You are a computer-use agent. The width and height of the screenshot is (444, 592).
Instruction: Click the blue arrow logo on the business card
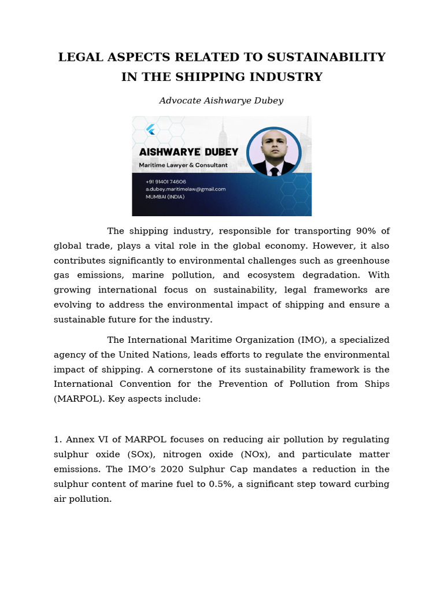point(150,129)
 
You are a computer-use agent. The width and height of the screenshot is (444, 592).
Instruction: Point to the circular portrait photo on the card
point(273,151)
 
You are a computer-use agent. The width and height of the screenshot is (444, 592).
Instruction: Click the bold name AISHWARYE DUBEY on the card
point(188,152)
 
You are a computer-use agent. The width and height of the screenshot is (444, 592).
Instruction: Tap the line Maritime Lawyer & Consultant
point(183,165)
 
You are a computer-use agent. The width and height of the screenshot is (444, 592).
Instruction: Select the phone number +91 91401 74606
point(166,182)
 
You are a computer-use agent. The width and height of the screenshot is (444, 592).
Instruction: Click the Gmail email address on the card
point(185,189)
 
